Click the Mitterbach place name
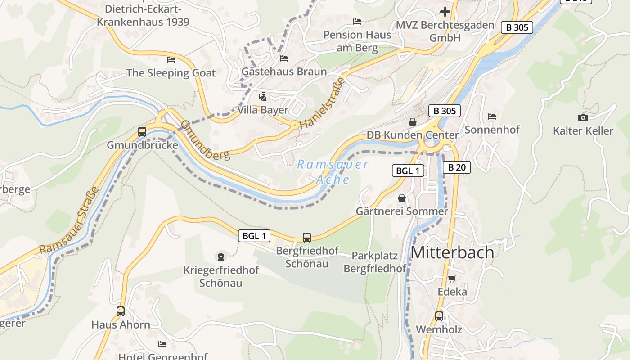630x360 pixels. [x=452, y=252]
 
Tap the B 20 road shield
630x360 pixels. [x=457, y=168]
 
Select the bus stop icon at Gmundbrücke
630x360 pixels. [x=142, y=132]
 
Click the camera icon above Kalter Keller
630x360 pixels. [x=583, y=117]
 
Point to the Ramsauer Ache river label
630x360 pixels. [x=333, y=172]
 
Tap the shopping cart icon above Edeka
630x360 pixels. [x=452, y=279]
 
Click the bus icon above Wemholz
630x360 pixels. [x=439, y=316]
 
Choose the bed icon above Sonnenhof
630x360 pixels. [x=491, y=116]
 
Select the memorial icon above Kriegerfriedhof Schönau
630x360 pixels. [x=220, y=256]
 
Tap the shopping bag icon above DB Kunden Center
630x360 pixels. [x=412, y=121]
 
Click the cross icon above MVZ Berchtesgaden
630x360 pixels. [x=445, y=11]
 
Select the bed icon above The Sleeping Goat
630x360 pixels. [x=171, y=59]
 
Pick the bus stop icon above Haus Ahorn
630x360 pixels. [x=121, y=311]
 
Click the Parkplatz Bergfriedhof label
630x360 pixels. [x=375, y=262]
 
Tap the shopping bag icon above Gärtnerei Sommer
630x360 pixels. [x=401, y=198]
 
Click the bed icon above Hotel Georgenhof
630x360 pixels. [x=162, y=344]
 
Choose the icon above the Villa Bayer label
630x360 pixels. [x=262, y=96]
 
